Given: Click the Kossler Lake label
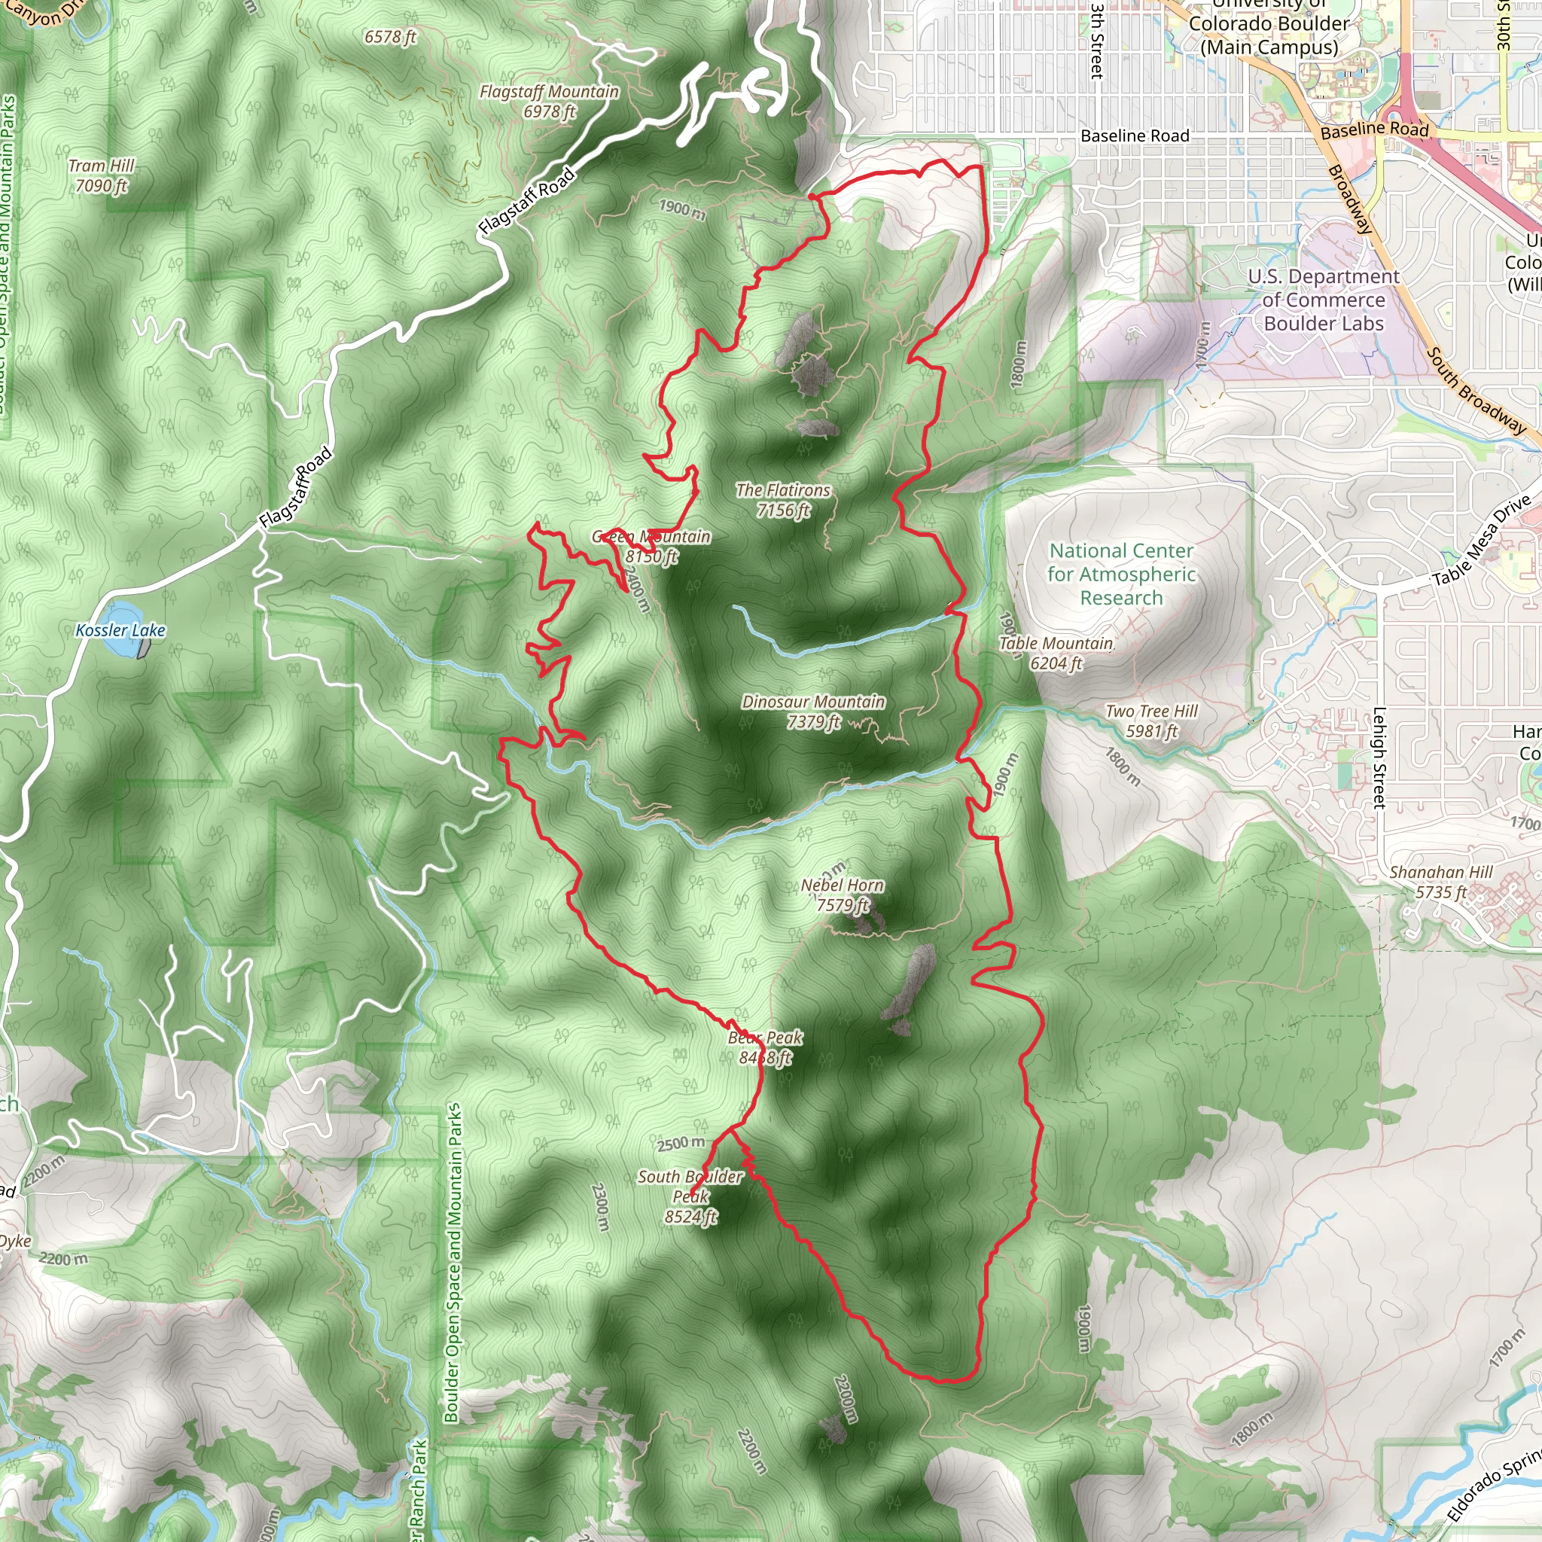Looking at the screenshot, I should click(x=120, y=630).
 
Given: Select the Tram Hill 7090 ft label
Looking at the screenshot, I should click(x=102, y=175).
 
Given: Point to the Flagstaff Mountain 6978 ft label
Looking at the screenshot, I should click(x=549, y=102).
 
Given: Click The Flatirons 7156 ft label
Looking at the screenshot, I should click(x=783, y=501).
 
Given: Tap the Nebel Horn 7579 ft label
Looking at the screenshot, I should click(x=842, y=894).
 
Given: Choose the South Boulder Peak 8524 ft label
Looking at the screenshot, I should click(x=690, y=1196).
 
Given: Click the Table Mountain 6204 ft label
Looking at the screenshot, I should click(x=1056, y=653).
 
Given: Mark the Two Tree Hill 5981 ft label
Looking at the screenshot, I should click(x=1152, y=721).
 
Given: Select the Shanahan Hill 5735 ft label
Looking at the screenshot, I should click(x=1440, y=882).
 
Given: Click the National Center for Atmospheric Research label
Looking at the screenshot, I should click(x=1121, y=574).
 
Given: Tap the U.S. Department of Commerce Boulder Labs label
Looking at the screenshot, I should click(x=1324, y=300).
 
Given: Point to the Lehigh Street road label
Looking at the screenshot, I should click(x=1380, y=758).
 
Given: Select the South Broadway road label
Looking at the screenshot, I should click(x=1476, y=390).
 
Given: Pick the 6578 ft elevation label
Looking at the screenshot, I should click(x=390, y=37).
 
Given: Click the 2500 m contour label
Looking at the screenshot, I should click(x=681, y=1143).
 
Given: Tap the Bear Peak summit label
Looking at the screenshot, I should click(x=766, y=1047).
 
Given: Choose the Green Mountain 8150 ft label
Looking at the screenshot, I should click(x=652, y=547).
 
